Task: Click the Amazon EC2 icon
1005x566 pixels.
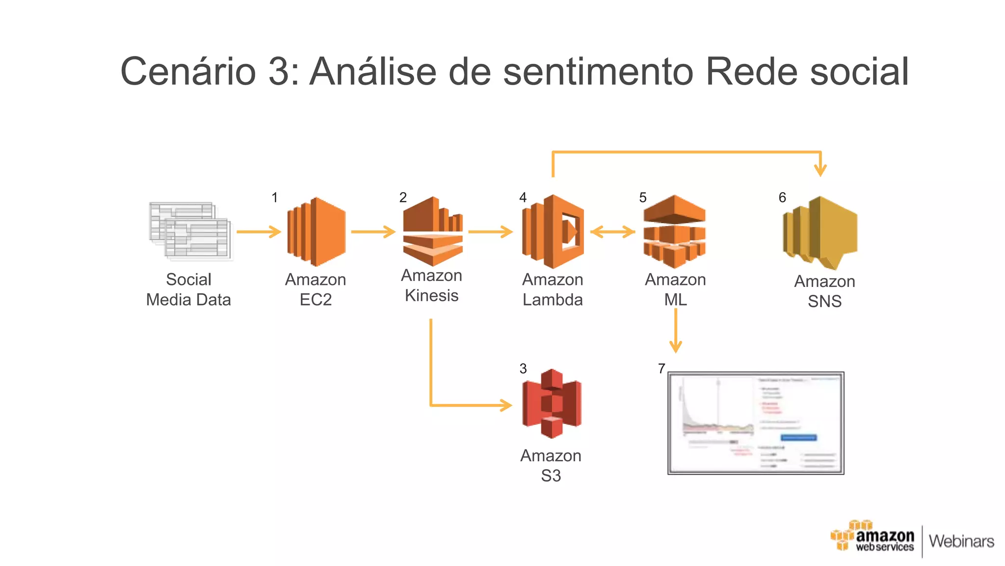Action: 317,232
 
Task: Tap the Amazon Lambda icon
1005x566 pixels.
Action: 553,231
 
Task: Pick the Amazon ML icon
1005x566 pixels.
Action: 674,231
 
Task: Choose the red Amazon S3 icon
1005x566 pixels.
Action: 552,404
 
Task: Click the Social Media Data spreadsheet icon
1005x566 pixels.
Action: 190,231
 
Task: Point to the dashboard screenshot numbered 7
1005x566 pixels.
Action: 756,423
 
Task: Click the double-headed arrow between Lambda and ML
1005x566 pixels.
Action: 613,231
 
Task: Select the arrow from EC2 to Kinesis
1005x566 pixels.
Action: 373,231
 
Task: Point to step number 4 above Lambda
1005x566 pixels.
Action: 523,198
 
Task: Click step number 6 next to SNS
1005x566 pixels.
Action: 782,198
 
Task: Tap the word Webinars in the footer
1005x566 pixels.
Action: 961,541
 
